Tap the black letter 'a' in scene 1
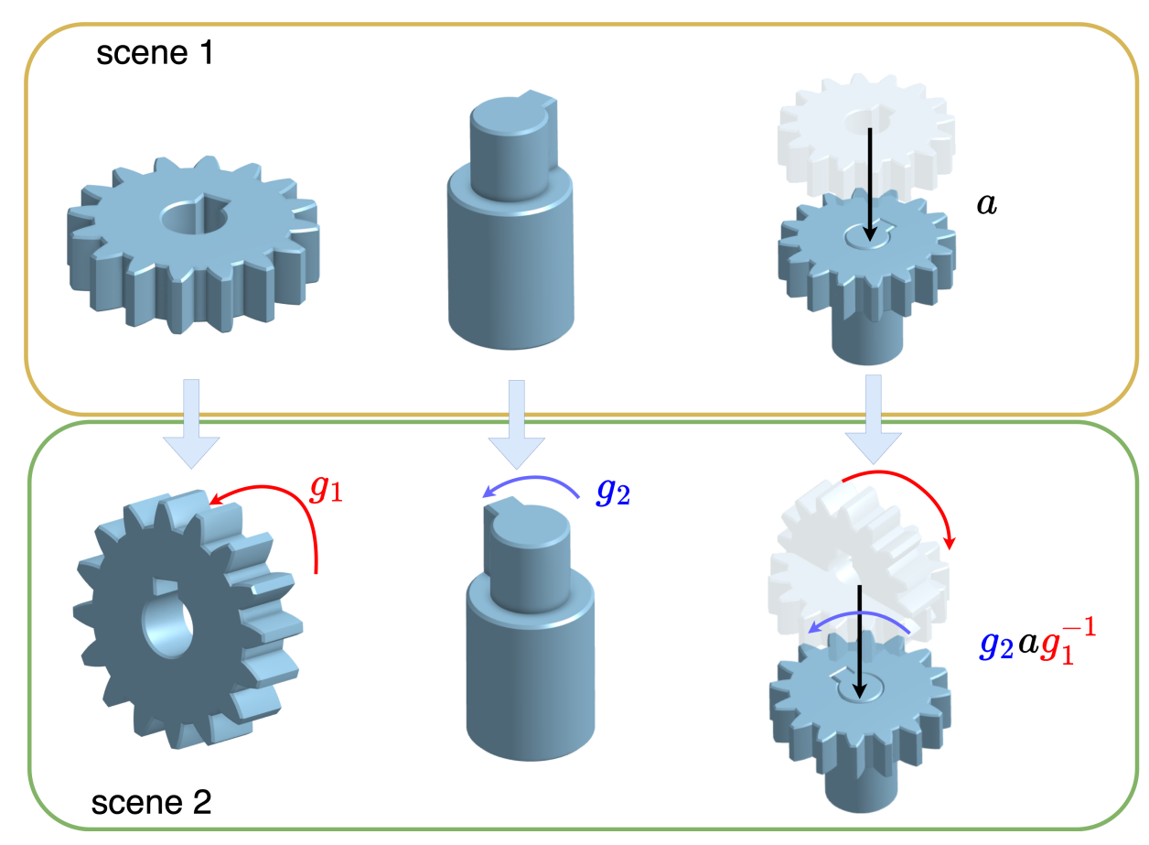(986, 204)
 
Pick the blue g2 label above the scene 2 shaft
(613, 493)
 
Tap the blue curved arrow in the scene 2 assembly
(860, 619)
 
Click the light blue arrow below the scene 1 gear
(190, 422)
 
